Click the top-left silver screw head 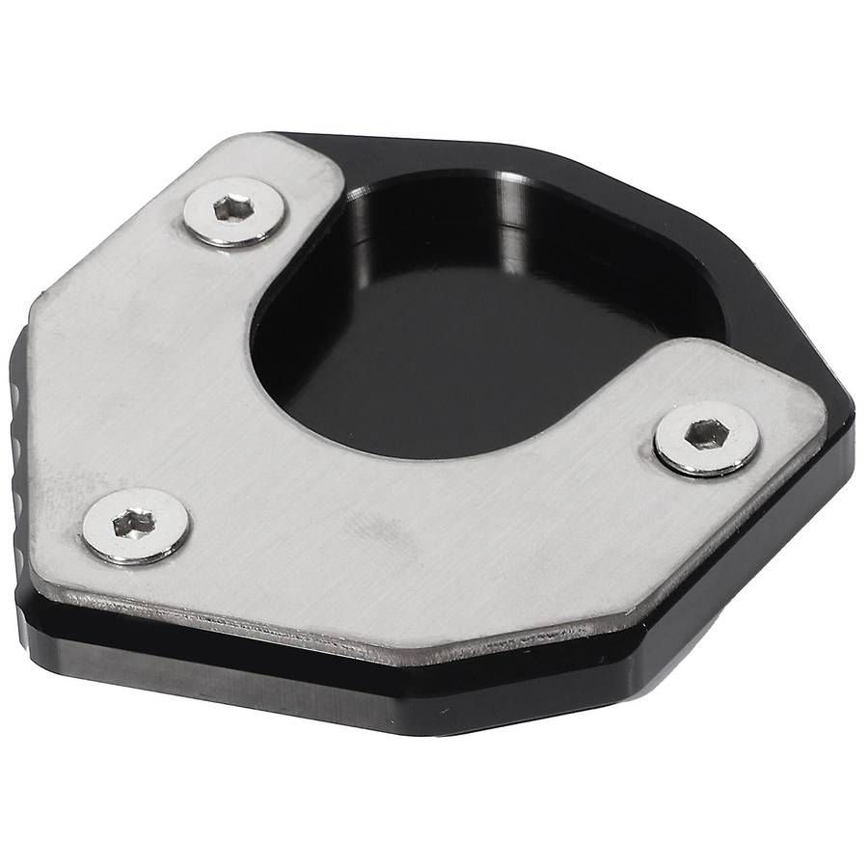pyautogui.click(x=234, y=210)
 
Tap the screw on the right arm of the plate pyautogui.click(x=705, y=438)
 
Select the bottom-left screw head pyautogui.click(x=135, y=526)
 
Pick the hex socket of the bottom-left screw pyautogui.click(x=132, y=524)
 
